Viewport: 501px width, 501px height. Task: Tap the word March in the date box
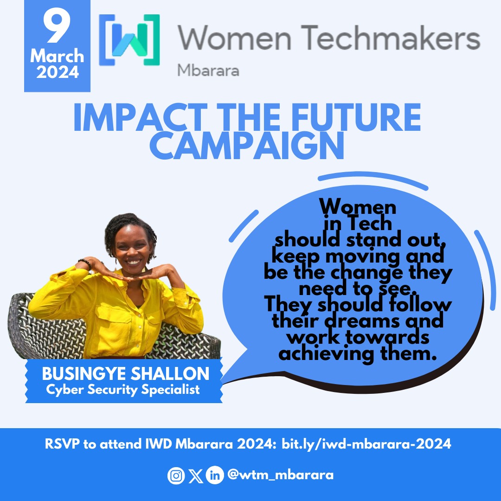point(57,57)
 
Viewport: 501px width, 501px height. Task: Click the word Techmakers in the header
point(397,39)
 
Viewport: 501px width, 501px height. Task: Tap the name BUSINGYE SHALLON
point(125,373)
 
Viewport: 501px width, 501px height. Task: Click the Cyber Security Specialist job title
point(123,389)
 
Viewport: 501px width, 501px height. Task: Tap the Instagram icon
point(174,476)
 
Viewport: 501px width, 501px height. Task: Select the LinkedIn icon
point(214,475)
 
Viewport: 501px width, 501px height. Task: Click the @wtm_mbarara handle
point(280,475)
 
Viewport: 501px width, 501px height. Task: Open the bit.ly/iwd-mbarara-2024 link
point(366,444)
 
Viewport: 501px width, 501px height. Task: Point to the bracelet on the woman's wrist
point(84,263)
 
